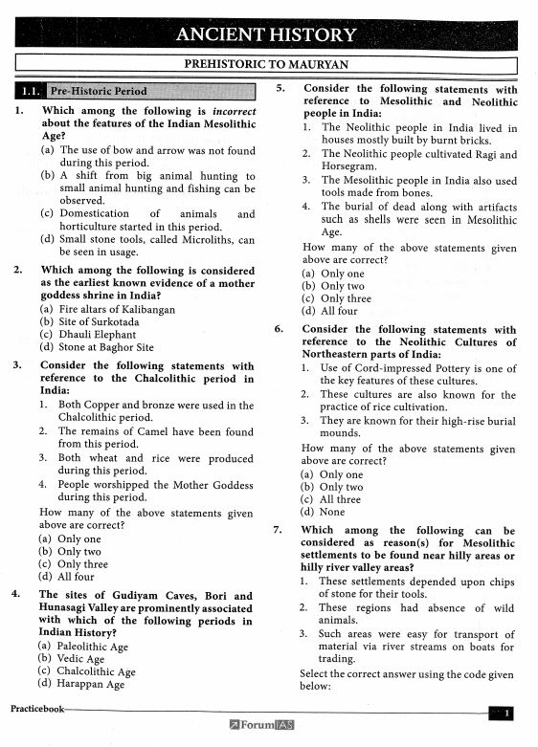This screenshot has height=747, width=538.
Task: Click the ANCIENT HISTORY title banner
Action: pos(267,35)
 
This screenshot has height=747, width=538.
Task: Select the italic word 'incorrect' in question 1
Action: pos(226,111)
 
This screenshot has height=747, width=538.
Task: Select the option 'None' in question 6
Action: pos(332,512)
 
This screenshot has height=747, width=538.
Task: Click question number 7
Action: pos(278,530)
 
